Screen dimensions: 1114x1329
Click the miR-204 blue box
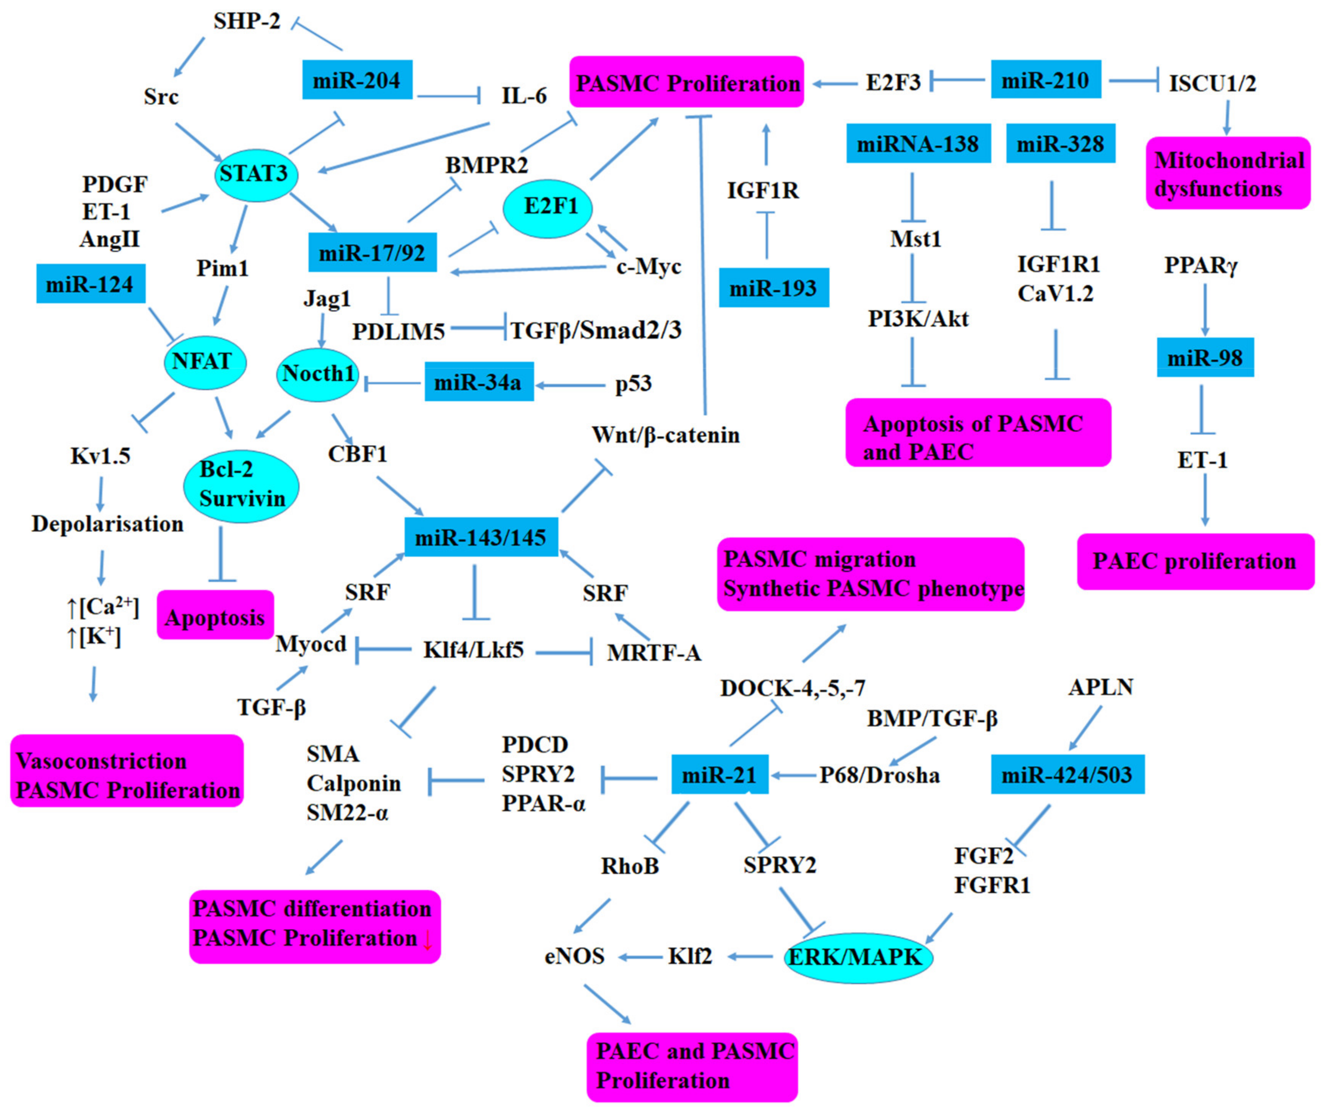pyautogui.click(x=357, y=80)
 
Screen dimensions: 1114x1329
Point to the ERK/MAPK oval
pyautogui.click(x=858, y=957)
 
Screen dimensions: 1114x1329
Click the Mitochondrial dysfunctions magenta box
pyautogui.click(x=1228, y=174)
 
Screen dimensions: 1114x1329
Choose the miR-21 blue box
pyautogui.click(x=720, y=774)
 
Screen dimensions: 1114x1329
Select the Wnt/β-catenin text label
pyautogui.click(x=666, y=435)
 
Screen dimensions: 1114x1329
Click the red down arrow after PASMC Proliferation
pyautogui.click(x=428, y=939)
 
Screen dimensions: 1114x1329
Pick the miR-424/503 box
pyautogui.click(x=1067, y=774)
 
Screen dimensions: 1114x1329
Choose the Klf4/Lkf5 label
pyautogui.click(x=473, y=650)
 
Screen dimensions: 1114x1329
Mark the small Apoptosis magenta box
pyautogui.click(x=215, y=616)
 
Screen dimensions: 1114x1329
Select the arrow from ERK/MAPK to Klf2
pyautogui.click(x=751, y=957)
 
